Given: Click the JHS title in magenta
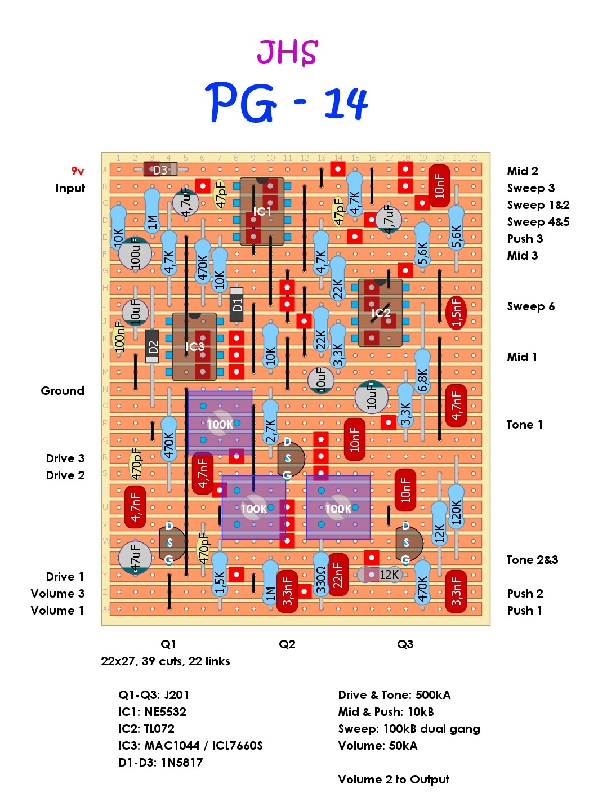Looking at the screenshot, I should click(x=287, y=52).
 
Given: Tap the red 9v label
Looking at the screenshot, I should click(x=77, y=171).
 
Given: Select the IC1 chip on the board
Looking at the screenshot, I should click(x=262, y=212).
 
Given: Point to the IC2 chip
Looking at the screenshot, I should click(x=381, y=313).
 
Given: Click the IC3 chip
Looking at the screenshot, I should click(x=195, y=346).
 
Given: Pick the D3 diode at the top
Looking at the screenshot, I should click(x=160, y=170).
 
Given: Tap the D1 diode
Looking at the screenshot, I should click(x=237, y=305).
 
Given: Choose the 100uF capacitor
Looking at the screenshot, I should click(x=135, y=253).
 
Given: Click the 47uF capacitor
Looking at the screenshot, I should click(x=135, y=557).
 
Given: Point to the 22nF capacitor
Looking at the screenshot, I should click(x=338, y=575).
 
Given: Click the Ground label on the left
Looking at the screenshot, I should click(x=63, y=391).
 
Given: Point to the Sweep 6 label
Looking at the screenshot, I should click(x=530, y=306).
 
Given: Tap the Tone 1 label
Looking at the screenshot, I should click(x=524, y=425).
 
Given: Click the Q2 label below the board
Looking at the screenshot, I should click(x=287, y=644).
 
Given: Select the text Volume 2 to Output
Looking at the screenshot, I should click(x=394, y=780).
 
